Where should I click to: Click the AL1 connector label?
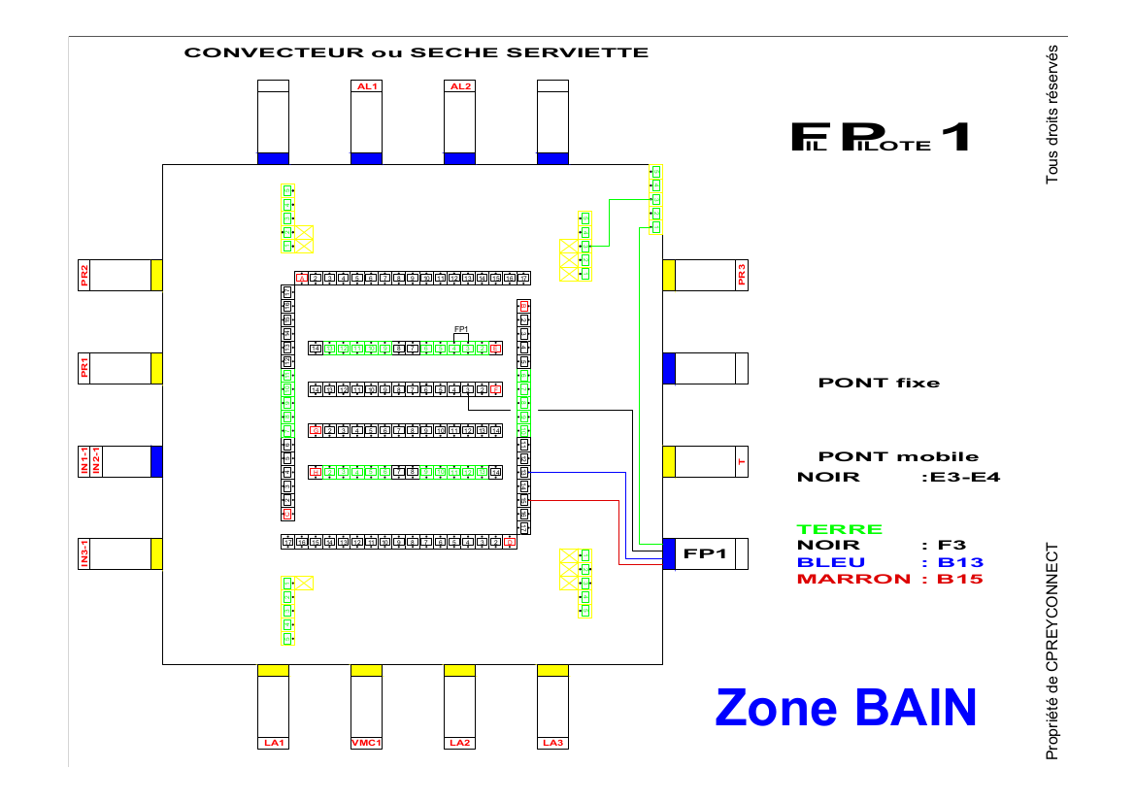tap(366, 86)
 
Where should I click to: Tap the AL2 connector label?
tap(459, 86)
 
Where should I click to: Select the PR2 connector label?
tap(84, 275)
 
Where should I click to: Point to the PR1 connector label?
tap(84, 368)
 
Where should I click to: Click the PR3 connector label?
tap(742, 275)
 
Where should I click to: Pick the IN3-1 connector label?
tap(84, 553)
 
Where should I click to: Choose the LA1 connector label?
tap(273, 743)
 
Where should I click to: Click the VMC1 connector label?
tap(366, 743)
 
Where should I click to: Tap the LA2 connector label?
tap(459, 743)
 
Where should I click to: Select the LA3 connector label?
tap(552, 743)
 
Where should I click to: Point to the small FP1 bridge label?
tap(461, 328)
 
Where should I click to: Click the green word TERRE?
tap(840, 529)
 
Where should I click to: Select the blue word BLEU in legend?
tap(830, 562)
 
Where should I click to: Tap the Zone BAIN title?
tap(845, 707)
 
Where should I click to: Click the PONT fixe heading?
tap(879, 383)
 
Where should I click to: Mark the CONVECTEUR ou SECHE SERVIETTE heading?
tap(417, 52)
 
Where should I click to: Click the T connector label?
tap(742, 461)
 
